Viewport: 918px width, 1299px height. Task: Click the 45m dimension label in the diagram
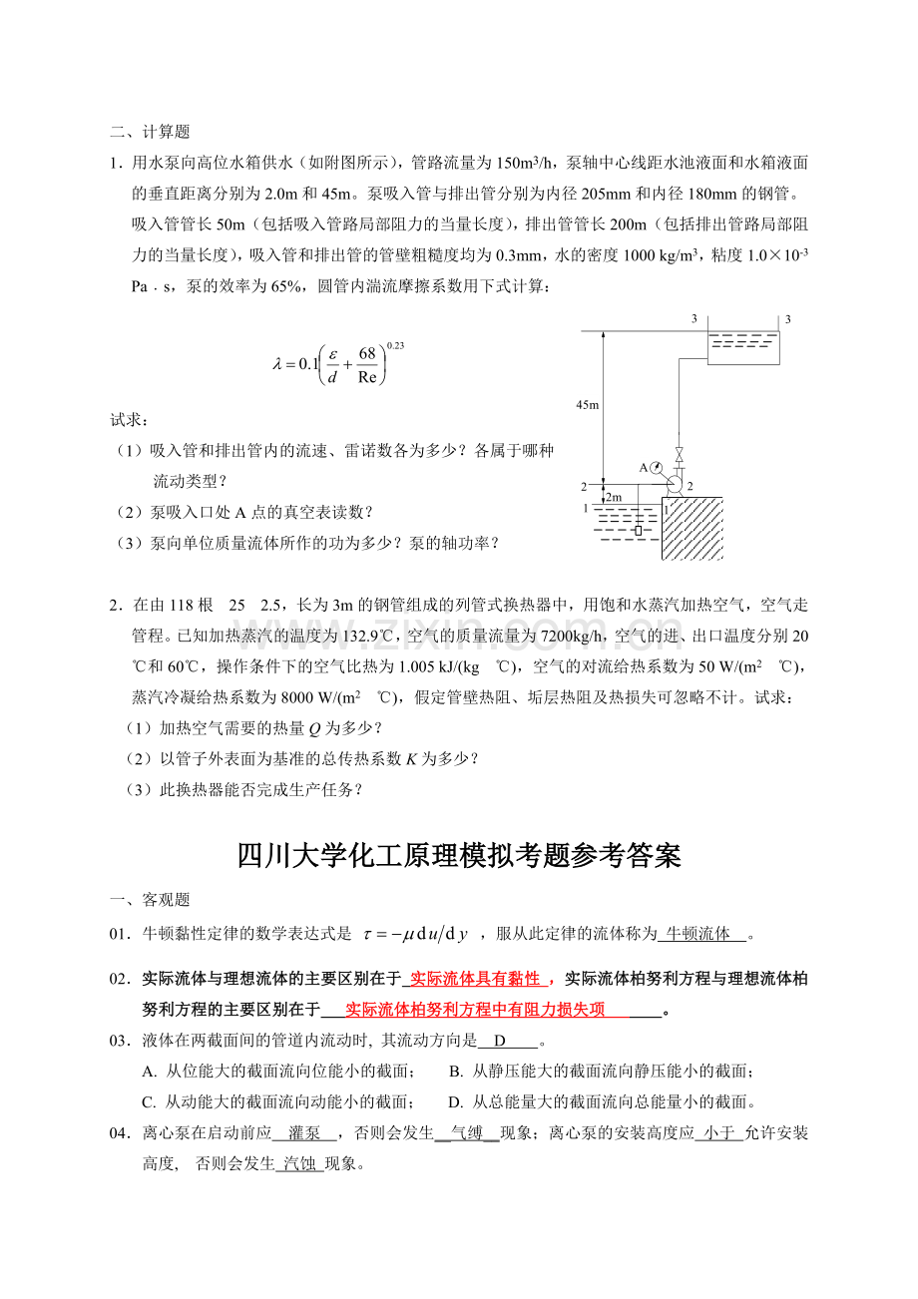coord(587,404)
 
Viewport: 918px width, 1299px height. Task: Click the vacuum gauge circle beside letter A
coord(658,467)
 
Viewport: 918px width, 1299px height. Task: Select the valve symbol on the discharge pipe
coord(680,456)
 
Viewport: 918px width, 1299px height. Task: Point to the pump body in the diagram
coord(675,484)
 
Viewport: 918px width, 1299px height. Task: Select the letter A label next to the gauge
coord(644,467)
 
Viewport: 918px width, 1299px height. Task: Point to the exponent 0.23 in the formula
coord(394,345)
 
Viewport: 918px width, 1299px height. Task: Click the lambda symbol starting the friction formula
coord(278,365)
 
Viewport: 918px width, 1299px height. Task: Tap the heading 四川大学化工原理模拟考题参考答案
coord(459,856)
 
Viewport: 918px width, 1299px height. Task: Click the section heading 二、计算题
coord(150,131)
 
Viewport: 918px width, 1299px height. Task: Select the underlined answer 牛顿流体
coord(699,934)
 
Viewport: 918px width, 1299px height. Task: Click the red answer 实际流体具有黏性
coord(475,979)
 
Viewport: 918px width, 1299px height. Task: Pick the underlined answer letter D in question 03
coord(501,1041)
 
